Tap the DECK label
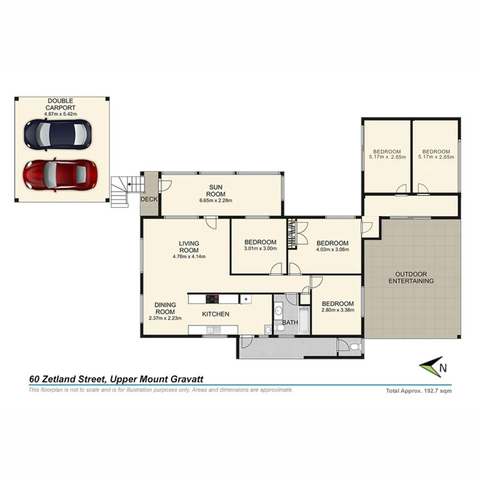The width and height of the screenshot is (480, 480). [x=149, y=200]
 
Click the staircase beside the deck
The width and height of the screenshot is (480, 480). [x=121, y=191]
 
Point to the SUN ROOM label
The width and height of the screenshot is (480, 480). [x=216, y=191]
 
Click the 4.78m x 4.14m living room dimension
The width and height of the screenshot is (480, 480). [x=189, y=256]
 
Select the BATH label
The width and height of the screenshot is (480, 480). [x=290, y=322]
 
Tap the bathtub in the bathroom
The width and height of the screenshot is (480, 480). [x=304, y=320]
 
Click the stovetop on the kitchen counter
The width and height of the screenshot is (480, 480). [x=212, y=299]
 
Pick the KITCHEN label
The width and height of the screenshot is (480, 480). [x=216, y=314]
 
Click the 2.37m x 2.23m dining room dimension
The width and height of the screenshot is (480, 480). [x=165, y=318]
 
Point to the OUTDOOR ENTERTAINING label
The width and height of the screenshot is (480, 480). [x=411, y=277]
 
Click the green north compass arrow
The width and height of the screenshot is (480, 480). [x=431, y=367]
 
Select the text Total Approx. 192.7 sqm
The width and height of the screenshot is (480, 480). [x=419, y=391]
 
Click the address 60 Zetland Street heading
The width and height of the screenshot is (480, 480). [x=116, y=379]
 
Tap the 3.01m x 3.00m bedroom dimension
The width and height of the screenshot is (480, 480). [x=260, y=248]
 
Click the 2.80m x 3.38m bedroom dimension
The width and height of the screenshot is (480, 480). [x=338, y=310]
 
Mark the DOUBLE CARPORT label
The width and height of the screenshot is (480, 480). [x=60, y=104]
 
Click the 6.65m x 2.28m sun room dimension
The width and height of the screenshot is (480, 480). [x=216, y=200]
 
